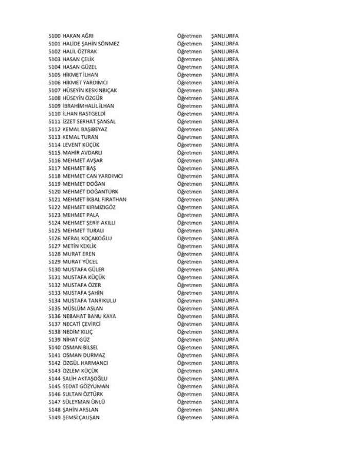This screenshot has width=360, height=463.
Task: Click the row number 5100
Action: pyautogui.click(x=54, y=36)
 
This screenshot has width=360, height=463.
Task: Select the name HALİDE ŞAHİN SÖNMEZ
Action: pyautogui.click(x=91, y=44)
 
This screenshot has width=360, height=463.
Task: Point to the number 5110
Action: pyautogui.click(x=54, y=114)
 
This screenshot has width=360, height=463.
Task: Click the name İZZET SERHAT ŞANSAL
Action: pyautogui.click(x=89, y=121)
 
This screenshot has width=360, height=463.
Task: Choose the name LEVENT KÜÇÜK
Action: pyautogui.click(x=80, y=145)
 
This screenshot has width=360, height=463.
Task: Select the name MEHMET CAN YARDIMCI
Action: pyautogui.click(x=93, y=176)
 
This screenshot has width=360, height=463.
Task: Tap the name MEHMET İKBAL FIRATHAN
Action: pyautogui.click(x=95, y=200)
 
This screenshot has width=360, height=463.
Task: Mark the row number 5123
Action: pyautogui.click(x=54, y=215)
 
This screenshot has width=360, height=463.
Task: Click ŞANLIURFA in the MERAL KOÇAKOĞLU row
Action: pyautogui.click(x=225, y=238)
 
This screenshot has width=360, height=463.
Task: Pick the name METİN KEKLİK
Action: pyautogui.click(x=79, y=246)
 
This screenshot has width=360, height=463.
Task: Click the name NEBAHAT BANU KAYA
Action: pyautogui.click(x=89, y=316)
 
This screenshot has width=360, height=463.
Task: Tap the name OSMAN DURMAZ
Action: pyautogui.click(x=84, y=355)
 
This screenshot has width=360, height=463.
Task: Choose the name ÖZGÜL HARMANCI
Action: pyautogui.click(x=85, y=363)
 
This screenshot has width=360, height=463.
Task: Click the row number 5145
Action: pyautogui.click(x=54, y=386)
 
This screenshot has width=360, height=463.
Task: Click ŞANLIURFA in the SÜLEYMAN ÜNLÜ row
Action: pyautogui.click(x=225, y=402)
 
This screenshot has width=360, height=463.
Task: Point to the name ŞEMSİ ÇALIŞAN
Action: pyautogui.click(x=81, y=417)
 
